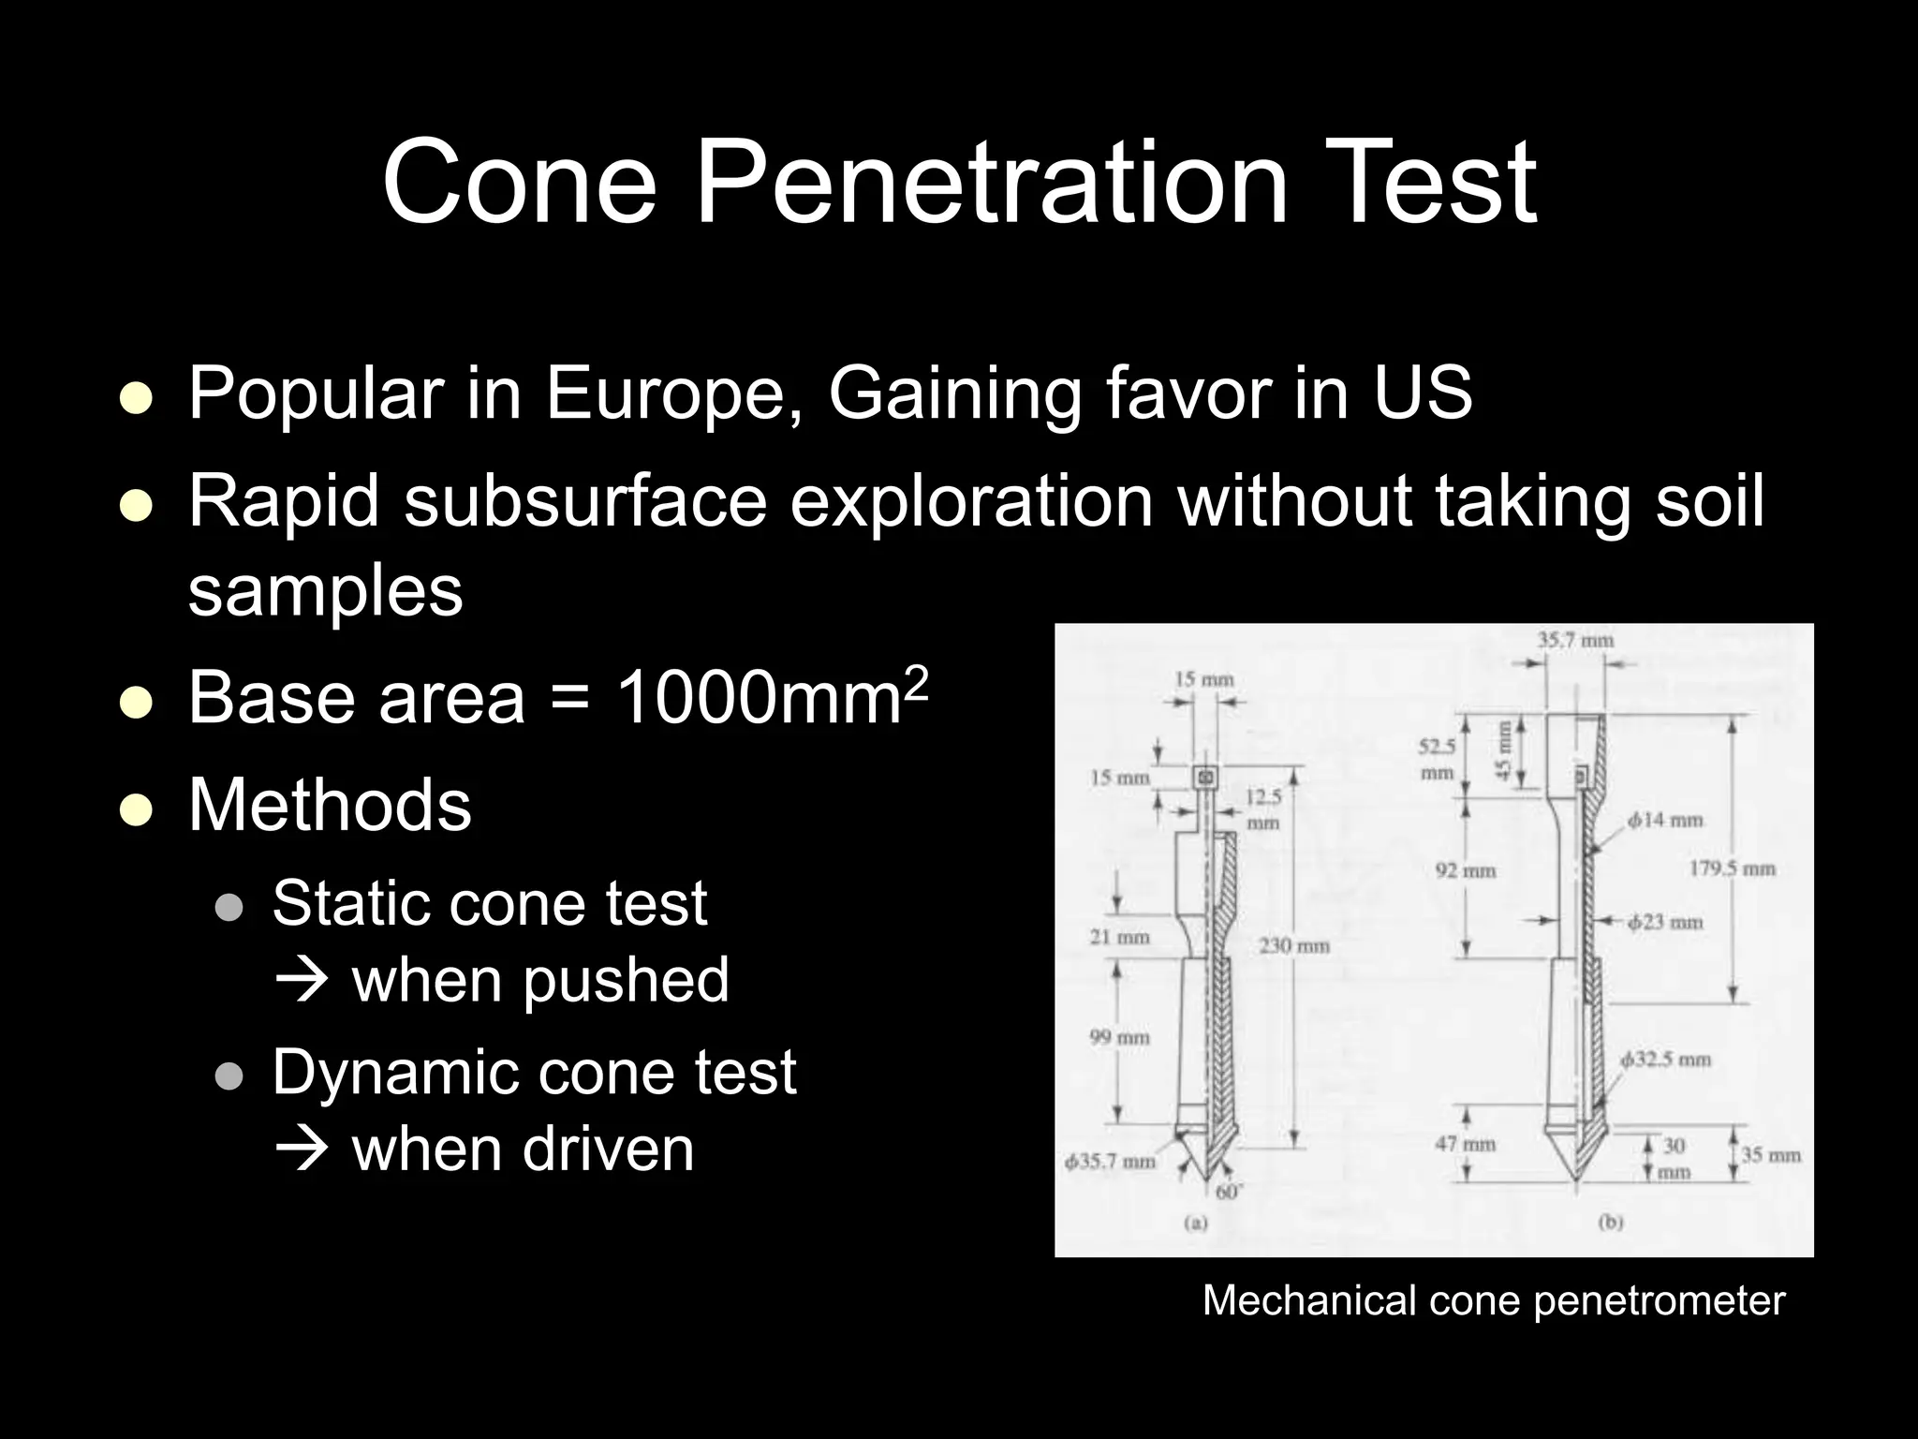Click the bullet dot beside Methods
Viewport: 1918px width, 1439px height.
tap(137, 809)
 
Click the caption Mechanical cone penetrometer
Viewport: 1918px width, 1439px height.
tap(1493, 1300)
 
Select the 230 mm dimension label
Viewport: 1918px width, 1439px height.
tap(1293, 945)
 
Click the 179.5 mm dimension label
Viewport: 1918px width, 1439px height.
tap(1732, 868)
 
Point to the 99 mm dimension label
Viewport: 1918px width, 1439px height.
tap(1119, 1037)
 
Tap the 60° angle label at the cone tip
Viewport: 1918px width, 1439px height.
tap(1227, 1193)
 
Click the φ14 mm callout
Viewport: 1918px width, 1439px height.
tap(1664, 821)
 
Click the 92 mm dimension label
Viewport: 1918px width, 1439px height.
tap(1466, 870)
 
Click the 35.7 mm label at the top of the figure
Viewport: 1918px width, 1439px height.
tap(1575, 641)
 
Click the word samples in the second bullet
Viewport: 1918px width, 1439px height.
tap(325, 591)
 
